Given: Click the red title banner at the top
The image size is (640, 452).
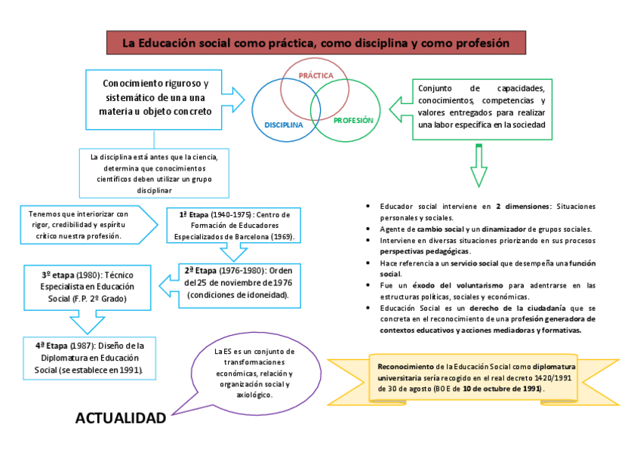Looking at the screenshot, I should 316,43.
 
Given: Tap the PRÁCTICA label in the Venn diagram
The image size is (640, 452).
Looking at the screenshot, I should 315,75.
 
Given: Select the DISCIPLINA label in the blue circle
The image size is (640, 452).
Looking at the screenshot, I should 283,125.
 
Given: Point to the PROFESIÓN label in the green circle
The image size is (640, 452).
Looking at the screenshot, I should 353,120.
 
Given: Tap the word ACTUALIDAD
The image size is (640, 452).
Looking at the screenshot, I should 121,418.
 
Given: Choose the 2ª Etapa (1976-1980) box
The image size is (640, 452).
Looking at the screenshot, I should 238,282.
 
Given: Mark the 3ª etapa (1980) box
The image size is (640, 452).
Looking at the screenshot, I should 87,287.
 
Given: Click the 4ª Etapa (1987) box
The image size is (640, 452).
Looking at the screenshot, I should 94,357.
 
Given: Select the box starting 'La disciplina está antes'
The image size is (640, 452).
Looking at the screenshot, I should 154,173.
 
